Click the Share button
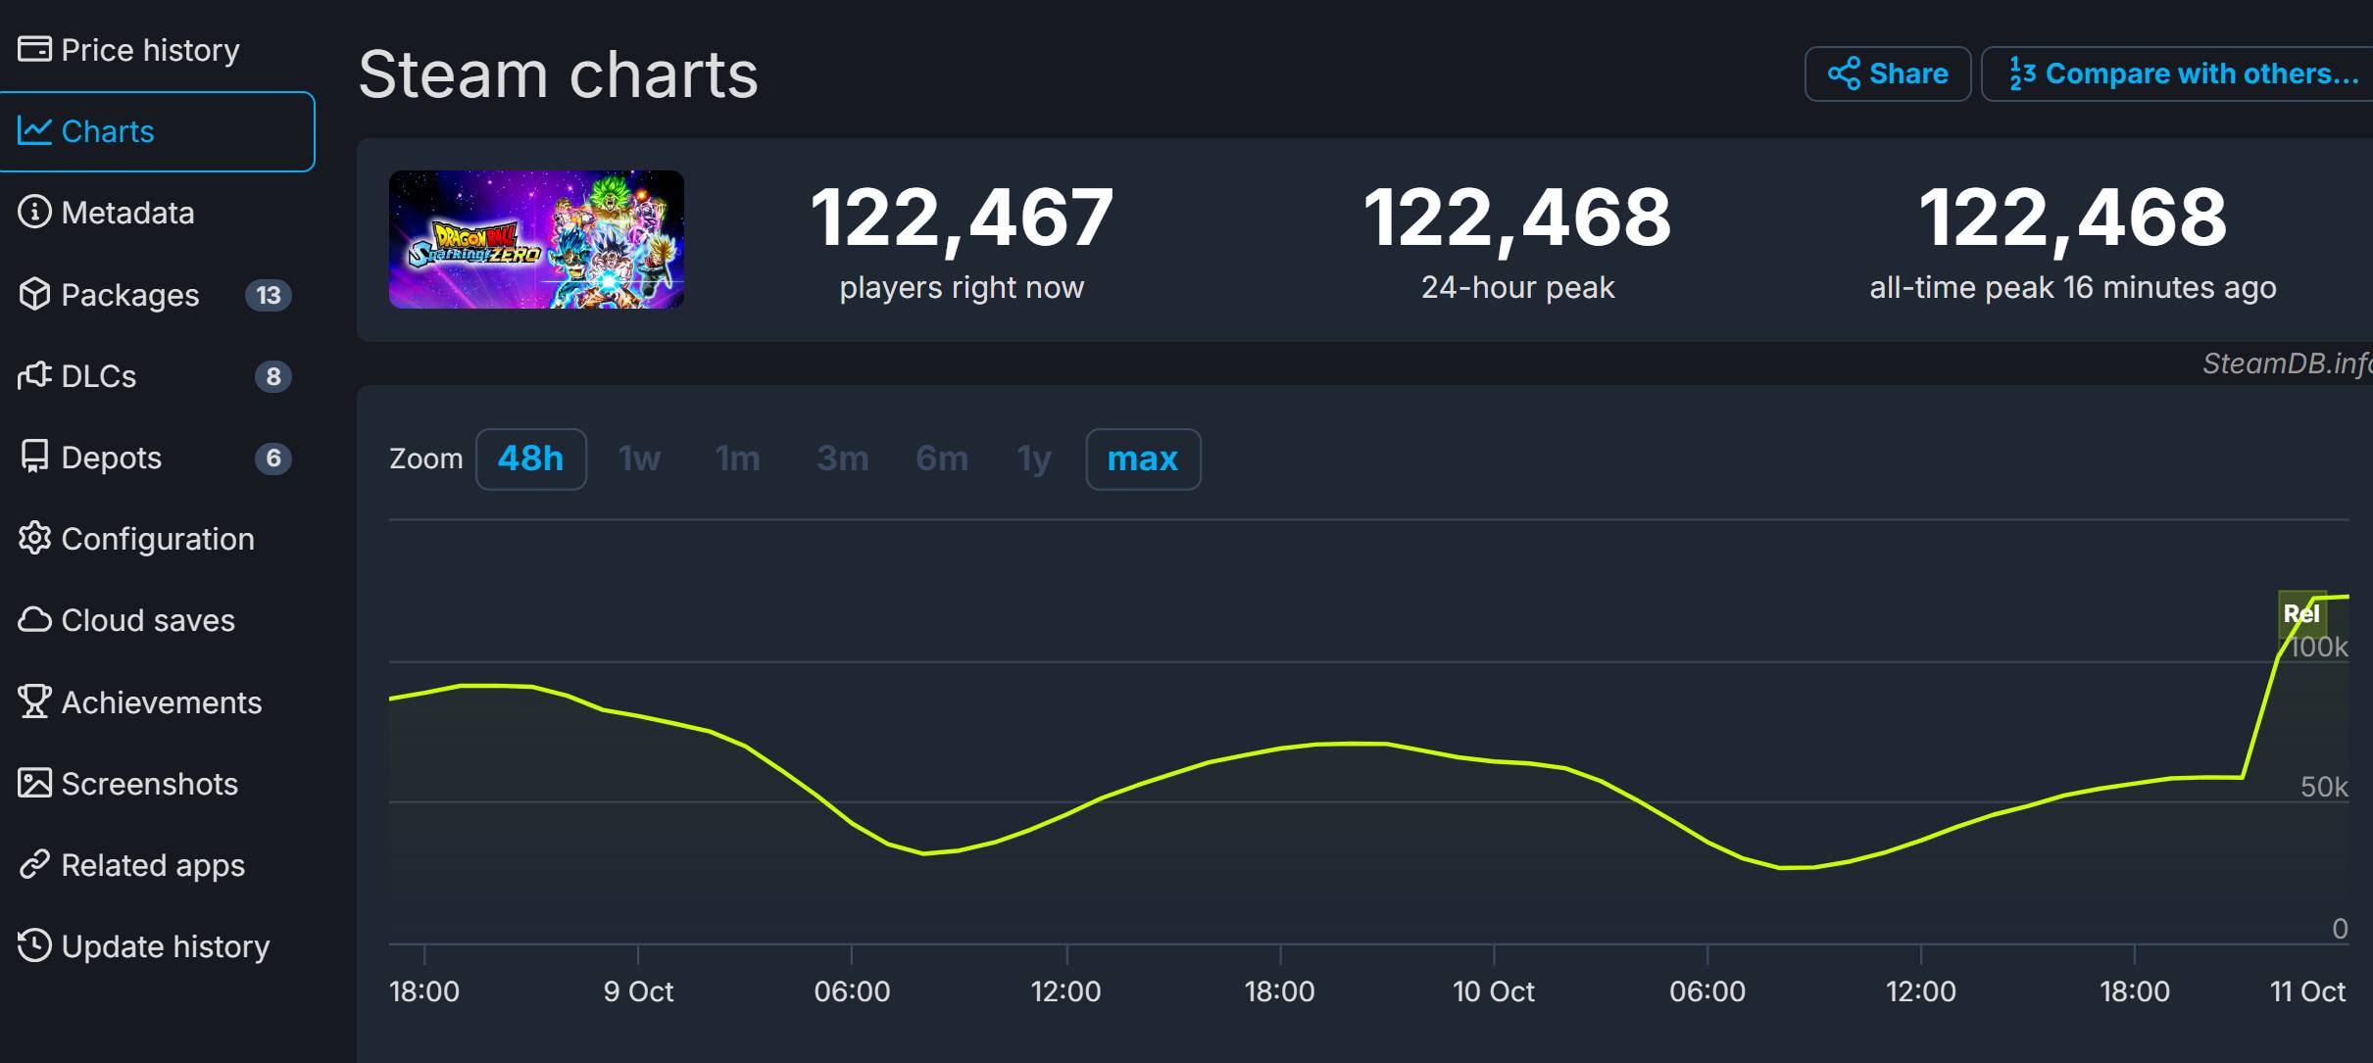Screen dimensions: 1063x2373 point(1887,73)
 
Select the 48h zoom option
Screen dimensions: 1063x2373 point(530,459)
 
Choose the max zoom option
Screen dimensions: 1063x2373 point(1142,459)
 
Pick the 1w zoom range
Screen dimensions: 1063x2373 point(639,459)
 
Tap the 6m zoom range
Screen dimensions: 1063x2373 point(941,459)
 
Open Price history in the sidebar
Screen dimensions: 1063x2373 point(149,50)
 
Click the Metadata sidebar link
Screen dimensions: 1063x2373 point(127,213)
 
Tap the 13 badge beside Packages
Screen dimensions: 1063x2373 point(268,295)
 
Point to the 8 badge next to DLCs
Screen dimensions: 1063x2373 point(273,376)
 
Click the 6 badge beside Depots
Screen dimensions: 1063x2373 point(273,458)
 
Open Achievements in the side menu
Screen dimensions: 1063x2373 point(161,702)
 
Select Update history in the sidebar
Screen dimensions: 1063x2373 point(165,946)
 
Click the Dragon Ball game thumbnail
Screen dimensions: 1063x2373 point(536,239)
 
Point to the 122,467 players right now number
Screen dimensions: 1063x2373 point(961,217)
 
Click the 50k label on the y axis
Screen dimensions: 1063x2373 point(2323,787)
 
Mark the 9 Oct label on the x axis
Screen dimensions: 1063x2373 point(638,991)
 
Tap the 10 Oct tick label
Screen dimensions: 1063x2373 point(1493,991)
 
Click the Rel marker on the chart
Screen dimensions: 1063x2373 point(2300,614)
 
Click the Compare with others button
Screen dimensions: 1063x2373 point(2183,73)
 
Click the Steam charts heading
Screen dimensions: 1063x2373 point(558,74)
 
